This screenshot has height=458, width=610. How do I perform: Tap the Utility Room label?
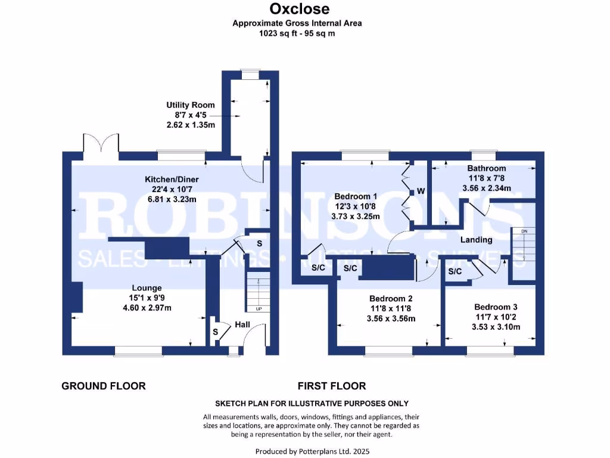tap(191, 105)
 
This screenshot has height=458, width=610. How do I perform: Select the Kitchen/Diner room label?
tap(172, 180)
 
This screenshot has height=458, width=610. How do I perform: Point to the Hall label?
tap(242, 324)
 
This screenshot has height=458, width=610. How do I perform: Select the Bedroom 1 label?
tap(356, 196)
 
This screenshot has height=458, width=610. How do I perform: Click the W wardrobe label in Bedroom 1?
tap(421, 191)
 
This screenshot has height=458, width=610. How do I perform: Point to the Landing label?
tap(477, 240)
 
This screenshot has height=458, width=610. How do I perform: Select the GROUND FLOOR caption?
tap(104, 386)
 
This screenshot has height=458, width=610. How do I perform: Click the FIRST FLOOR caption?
tap(331, 386)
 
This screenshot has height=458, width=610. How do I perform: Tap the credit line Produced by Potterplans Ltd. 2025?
tap(312, 451)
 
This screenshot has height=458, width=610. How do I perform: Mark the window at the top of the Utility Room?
tap(250, 75)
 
